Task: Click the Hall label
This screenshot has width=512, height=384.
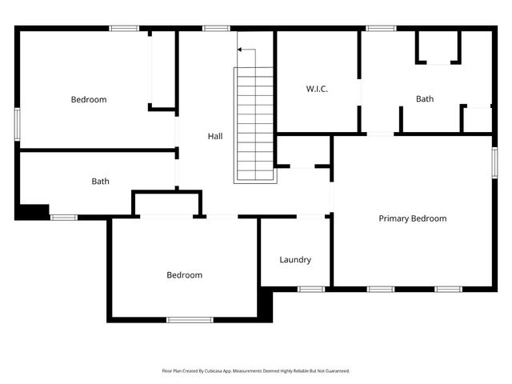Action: (215, 137)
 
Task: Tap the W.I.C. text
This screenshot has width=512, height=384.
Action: (317, 89)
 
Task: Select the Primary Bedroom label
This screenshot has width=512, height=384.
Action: (412, 218)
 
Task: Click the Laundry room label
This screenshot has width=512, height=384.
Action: (295, 260)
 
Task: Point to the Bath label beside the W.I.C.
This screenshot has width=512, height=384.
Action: (424, 99)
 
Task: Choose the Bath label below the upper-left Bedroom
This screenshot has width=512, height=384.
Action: (100, 182)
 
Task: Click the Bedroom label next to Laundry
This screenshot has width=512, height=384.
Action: (184, 275)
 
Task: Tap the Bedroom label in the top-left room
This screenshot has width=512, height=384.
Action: (88, 100)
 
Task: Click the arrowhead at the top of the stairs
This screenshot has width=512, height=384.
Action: (240, 50)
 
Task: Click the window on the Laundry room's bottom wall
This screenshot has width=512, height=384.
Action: (311, 288)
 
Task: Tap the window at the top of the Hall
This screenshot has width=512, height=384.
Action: (216, 29)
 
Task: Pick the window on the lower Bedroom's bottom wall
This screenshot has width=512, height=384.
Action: (190, 320)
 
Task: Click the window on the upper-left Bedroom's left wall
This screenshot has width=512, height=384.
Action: (18, 124)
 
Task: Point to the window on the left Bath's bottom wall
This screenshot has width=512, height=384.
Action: (63, 217)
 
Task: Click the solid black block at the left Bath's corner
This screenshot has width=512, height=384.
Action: (33, 211)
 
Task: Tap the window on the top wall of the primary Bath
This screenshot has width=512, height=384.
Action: (381, 29)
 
